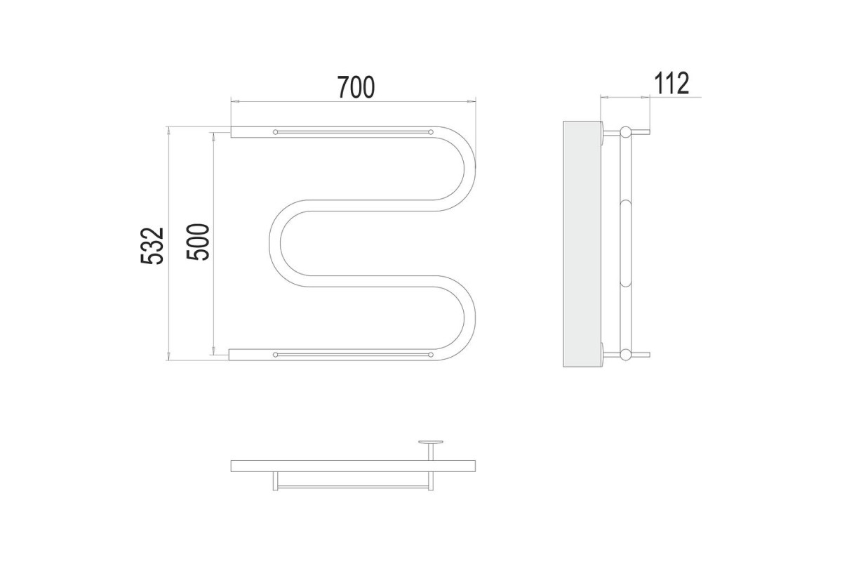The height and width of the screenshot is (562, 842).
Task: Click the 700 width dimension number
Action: [x=356, y=87]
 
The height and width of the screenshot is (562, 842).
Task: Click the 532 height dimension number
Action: [x=152, y=245]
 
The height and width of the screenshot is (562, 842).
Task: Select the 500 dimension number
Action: [x=197, y=242]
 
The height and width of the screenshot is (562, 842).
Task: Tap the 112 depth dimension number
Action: [x=671, y=84]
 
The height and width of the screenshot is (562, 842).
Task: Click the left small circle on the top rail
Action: [x=276, y=132]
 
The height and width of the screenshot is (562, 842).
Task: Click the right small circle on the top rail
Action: [x=431, y=132]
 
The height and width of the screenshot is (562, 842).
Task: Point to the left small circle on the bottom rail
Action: [x=276, y=355]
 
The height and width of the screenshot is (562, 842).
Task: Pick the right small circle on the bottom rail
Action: [x=431, y=355]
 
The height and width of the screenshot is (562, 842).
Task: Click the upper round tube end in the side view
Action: [x=625, y=132]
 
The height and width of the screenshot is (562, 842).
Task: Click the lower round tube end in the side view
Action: [x=625, y=355]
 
